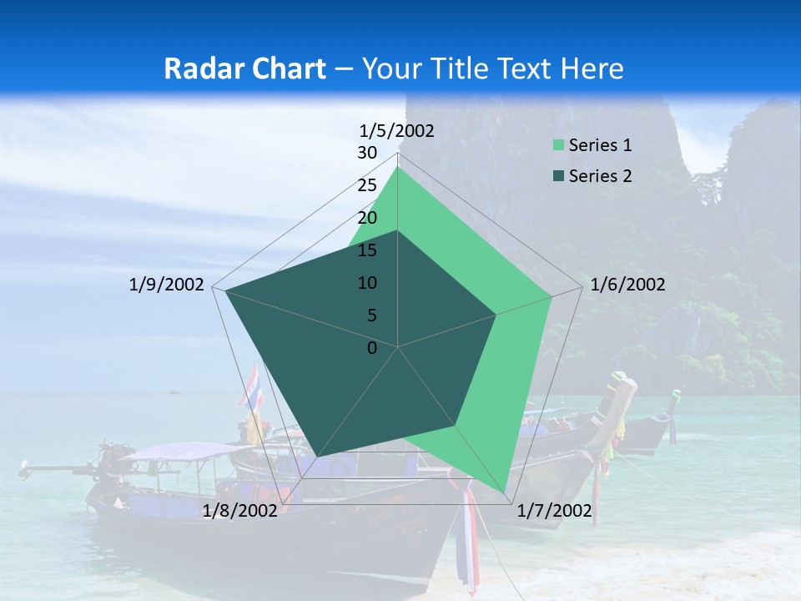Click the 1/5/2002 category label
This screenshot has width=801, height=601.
(396, 130)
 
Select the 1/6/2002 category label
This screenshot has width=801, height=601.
(627, 285)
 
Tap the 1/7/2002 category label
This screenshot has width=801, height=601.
(554, 511)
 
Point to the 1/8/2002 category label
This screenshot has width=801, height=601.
(239, 511)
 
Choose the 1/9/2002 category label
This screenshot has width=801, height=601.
(166, 285)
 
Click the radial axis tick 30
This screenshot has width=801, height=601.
(367, 153)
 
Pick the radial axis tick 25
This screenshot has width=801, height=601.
(367, 185)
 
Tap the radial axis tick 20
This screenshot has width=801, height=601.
(367, 218)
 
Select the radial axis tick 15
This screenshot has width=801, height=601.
(367, 250)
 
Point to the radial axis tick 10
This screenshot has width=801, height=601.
(367, 283)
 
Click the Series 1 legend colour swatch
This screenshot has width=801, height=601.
(558, 145)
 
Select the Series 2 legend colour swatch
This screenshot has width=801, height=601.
(558, 176)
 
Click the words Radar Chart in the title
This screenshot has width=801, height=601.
(244, 68)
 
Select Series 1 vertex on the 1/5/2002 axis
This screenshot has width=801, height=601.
(397, 167)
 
